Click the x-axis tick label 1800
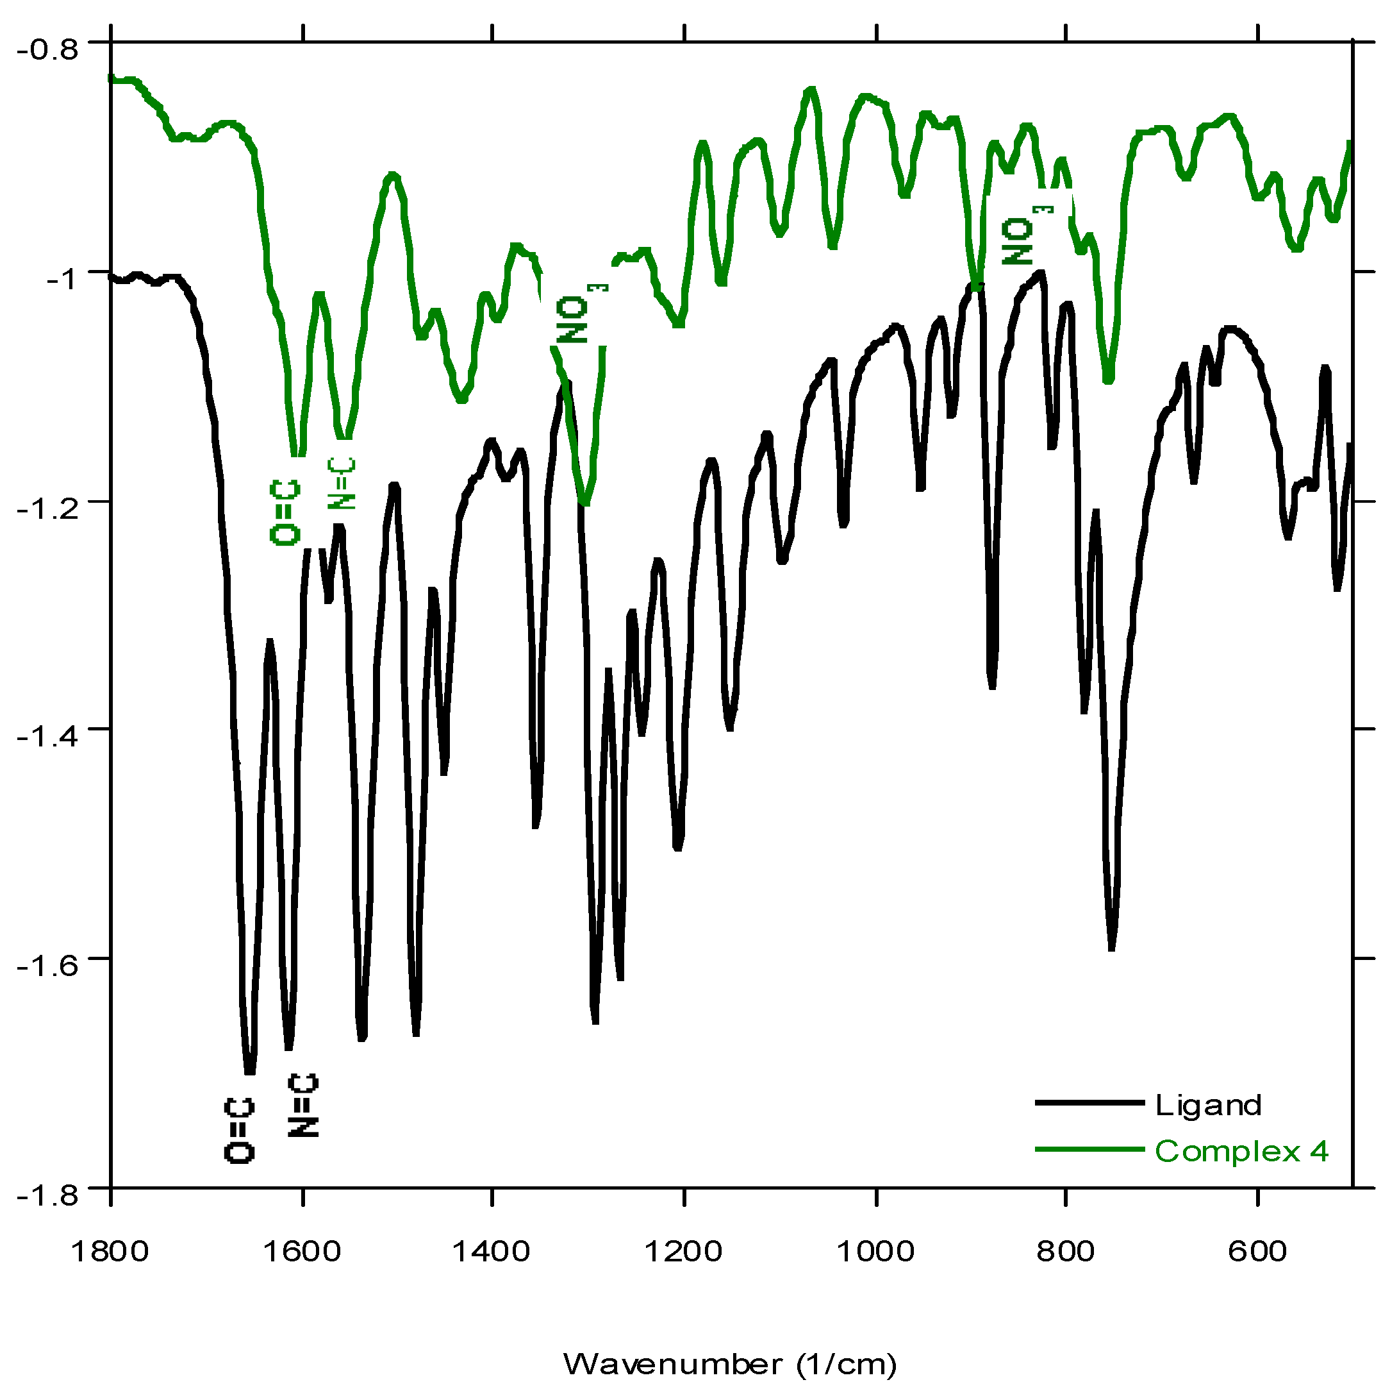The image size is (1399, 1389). [110, 1252]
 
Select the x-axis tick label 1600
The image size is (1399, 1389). [301, 1252]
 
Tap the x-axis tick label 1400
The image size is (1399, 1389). [492, 1252]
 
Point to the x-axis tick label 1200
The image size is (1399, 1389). [684, 1252]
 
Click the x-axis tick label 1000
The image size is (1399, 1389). [875, 1252]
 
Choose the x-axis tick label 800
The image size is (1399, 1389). [1065, 1252]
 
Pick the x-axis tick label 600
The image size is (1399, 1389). [1258, 1252]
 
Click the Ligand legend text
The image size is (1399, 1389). [1208, 1106]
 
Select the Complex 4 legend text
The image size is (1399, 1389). [1241, 1151]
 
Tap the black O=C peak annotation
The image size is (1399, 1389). [240, 1131]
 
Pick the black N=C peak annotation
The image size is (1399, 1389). [302, 1105]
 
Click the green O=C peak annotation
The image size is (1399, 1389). [285, 512]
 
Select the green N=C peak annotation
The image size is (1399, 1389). [341, 484]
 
